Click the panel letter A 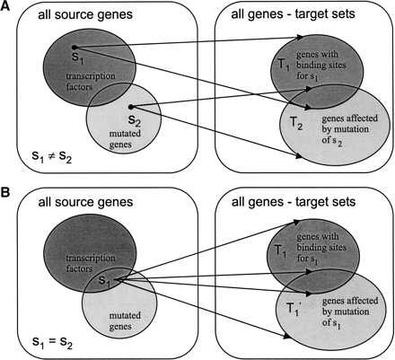pyautogui.click(x=6, y=6)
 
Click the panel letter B pyautogui.click(x=6, y=191)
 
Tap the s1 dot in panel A pyautogui.click(x=74, y=46)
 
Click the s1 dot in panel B pyautogui.click(x=117, y=279)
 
